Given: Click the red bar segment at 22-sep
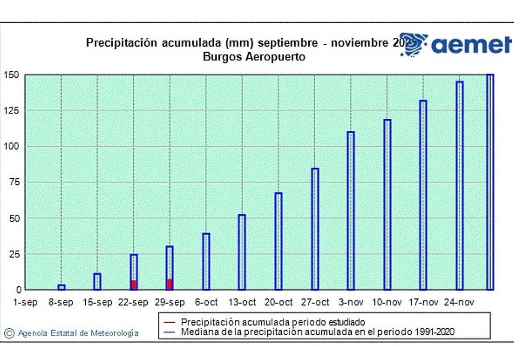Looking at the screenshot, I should point(134,285).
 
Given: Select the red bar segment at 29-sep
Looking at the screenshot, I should point(170,285).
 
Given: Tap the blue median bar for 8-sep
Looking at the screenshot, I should point(61,287).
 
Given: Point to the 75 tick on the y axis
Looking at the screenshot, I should point(14,182).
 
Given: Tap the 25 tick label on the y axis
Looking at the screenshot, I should point(14,254).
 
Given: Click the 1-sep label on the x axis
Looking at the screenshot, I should point(25,303).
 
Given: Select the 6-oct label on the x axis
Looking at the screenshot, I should point(206,303).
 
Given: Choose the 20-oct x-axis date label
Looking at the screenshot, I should point(279,303).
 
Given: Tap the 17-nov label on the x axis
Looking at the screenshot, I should point(424,303).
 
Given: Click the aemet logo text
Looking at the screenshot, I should point(471,45).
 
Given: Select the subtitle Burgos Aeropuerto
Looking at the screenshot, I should point(254,57).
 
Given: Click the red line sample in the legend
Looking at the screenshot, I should point(170,322).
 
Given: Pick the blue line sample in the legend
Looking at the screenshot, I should point(170,332).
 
